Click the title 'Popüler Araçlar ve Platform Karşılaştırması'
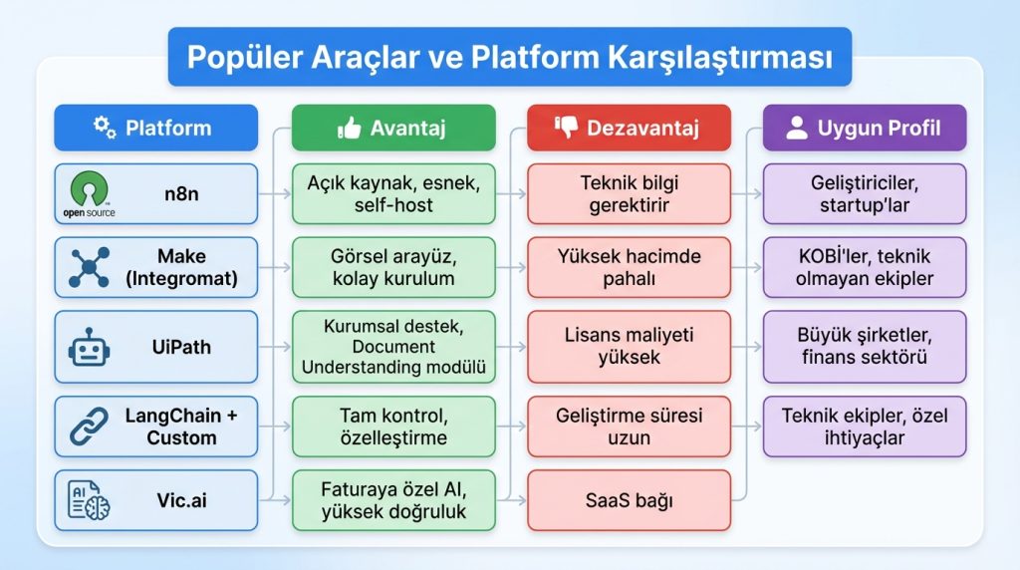[509, 57]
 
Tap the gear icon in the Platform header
[105, 128]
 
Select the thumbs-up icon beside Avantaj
[349, 128]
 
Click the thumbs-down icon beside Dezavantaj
[566, 128]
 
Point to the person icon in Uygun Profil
[797, 128]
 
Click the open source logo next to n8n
[90, 193]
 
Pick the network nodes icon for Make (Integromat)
[90, 267]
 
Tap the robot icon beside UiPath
[90, 348]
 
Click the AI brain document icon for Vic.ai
[90, 500]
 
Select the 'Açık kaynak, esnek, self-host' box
[393, 193]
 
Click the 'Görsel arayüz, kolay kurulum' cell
[393, 267]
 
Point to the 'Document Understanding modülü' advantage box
[393, 348]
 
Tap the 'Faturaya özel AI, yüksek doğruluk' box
[393, 500]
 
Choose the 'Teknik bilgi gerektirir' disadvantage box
[629, 193]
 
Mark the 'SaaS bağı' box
[629, 500]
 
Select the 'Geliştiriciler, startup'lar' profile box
[865, 193]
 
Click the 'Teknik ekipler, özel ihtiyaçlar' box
[865, 427]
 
